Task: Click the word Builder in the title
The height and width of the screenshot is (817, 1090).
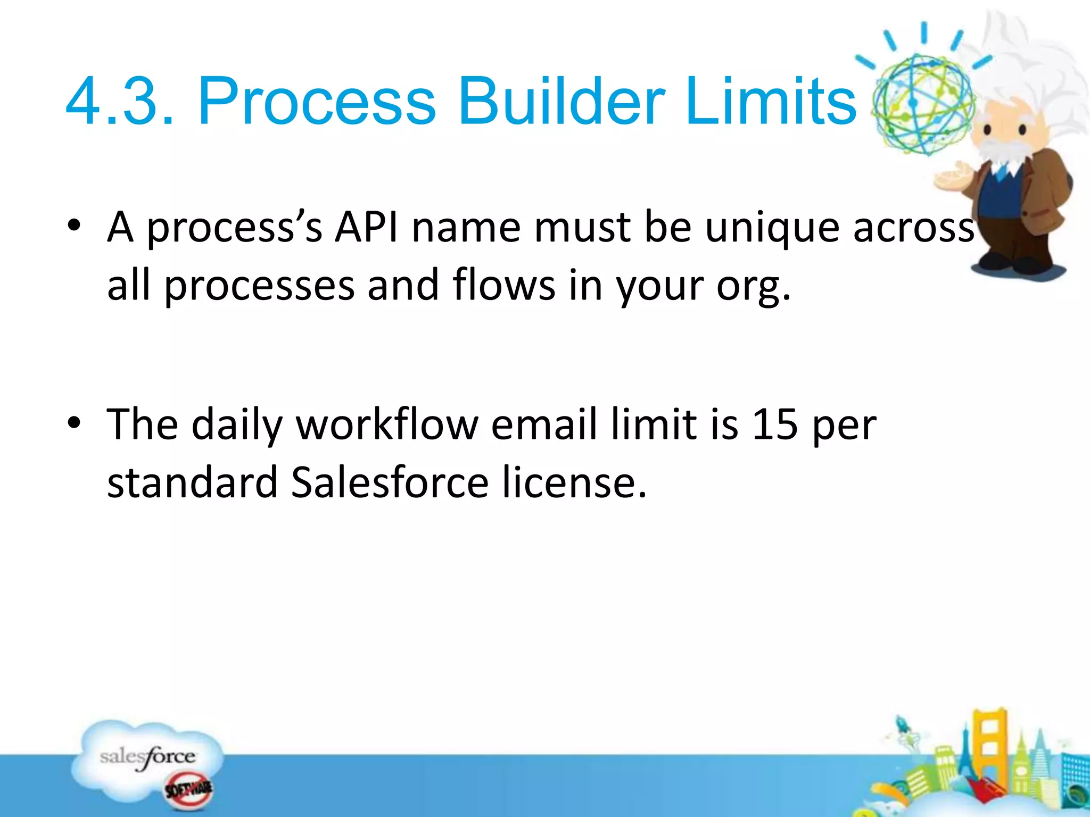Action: (x=561, y=101)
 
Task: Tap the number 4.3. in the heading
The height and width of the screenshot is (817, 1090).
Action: (x=119, y=101)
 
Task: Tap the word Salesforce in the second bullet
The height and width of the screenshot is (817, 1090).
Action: (x=390, y=482)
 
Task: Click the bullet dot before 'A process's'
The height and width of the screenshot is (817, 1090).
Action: (x=75, y=226)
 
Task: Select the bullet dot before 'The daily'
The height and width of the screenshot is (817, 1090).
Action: (x=75, y=423)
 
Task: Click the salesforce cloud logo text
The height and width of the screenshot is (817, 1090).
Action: (x=147, y=757)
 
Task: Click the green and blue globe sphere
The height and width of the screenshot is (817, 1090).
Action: (x=923, y=104)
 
